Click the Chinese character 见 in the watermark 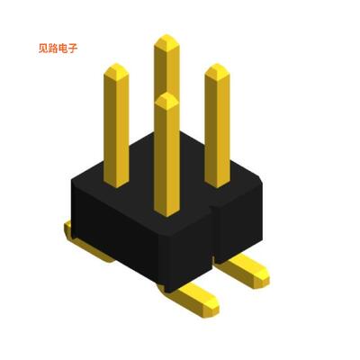45,49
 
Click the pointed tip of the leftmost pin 116,67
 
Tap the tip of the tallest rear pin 166,40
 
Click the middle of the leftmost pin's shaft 116,126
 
